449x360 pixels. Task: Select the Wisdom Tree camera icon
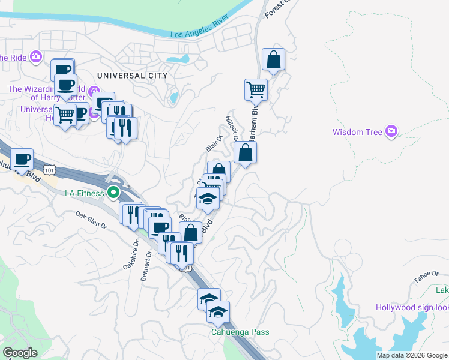coord(392,131)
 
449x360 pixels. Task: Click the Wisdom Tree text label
coord(358,132)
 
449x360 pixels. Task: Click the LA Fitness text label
coord(85,193)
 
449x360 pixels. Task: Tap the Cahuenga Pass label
coord(240,332)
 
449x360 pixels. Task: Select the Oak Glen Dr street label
coord(91,220)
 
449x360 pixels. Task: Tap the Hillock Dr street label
coord(232,128)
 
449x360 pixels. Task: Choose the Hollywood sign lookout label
coord(412,308)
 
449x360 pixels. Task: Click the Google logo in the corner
coord(20,353)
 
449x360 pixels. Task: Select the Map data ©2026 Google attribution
coord(412,355)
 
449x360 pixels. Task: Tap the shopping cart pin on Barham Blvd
coord(256,90)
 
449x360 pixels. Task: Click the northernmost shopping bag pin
coord(273,60)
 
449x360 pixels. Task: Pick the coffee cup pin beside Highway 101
coord(22,160)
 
